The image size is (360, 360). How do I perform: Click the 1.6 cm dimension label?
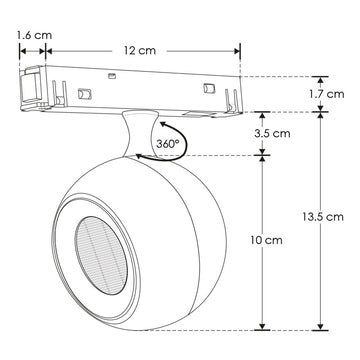point(34,35)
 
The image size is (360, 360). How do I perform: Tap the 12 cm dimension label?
point(140,51)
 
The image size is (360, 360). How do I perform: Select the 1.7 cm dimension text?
point(326,94)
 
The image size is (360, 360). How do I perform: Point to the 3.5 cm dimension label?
point(272,134)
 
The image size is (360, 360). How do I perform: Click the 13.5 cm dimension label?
point(323,217)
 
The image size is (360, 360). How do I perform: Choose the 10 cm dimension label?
point(266,240)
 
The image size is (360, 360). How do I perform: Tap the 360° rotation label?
point(168,144)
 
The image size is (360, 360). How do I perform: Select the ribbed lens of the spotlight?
point(101,256)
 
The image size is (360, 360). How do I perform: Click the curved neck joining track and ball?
point(139,133)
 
